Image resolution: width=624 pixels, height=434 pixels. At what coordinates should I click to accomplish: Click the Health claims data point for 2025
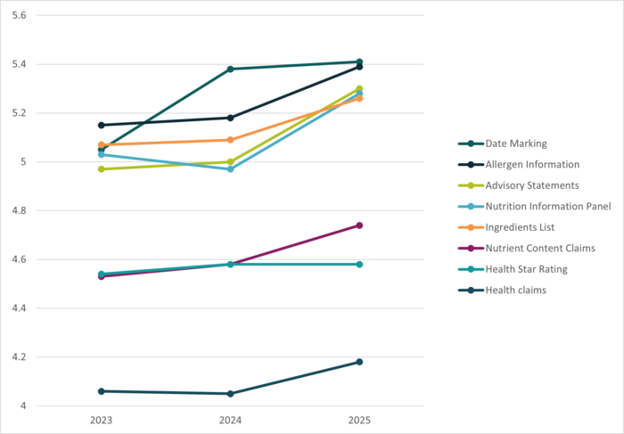[x=359, y=362]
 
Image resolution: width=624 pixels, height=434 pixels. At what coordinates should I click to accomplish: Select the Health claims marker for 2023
[x=102, y=391]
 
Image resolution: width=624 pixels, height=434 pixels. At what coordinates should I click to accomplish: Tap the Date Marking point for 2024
[x=231, y=69]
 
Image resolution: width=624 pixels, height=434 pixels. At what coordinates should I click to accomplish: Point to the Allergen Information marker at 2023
[x=102, y=125]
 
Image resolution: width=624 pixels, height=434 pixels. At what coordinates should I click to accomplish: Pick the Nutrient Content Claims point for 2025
[x=359, y=225]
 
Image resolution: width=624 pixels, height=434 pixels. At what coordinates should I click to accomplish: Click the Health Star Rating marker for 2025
[x=359, y=264]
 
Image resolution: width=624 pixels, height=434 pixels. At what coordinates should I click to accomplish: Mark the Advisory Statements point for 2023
[x=102, y=168]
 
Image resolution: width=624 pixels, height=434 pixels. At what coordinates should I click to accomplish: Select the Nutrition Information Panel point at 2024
[x=231, y=168]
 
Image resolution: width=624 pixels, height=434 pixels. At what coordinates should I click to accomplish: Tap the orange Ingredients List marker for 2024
[x=231, y=140]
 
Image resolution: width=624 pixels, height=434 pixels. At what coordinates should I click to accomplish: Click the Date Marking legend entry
[x=516, y=143]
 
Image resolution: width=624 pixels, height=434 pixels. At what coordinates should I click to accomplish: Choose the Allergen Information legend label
[x=533, y=165]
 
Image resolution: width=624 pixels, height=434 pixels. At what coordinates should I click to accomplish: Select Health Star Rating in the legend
[x=526, y=269]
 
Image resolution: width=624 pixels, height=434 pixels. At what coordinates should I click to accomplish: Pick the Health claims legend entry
[x=516, y=290]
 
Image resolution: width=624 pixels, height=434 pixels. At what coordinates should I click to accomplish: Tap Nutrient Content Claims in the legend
[x=540, y=248]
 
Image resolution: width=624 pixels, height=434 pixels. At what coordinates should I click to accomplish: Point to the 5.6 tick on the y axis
[x=20, y=16]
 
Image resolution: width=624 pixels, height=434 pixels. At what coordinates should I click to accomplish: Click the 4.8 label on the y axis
[x=20, y=211]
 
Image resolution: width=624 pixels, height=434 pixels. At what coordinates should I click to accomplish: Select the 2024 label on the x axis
[x=231, y=419]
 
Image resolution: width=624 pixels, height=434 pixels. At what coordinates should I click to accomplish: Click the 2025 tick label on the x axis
[x=359, y=419]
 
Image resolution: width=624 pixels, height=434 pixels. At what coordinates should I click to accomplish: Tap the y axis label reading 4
[x=23, y=406]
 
